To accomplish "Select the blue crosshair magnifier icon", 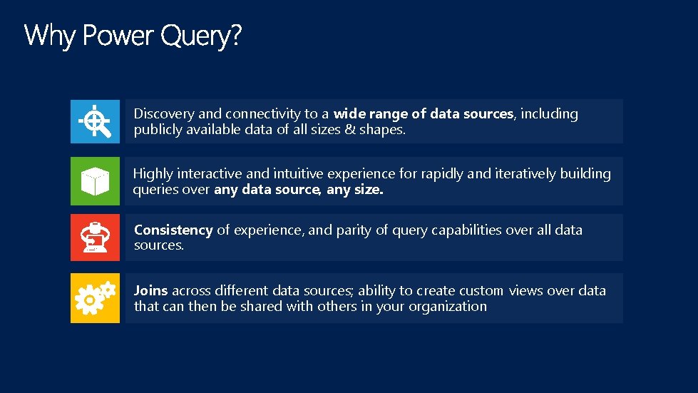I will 95,121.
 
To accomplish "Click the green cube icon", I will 95,181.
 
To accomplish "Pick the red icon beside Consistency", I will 95,238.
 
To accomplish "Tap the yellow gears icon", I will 95,298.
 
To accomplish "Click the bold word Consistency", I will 173,230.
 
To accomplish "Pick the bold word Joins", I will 150,291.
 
